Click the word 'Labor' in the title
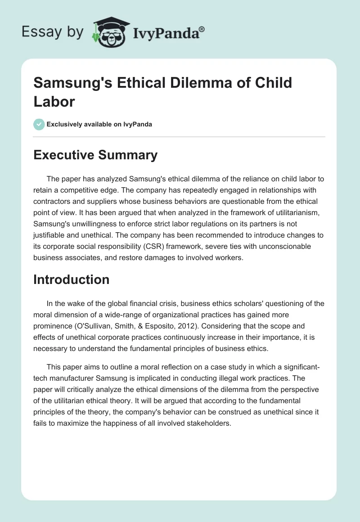click(54, 101)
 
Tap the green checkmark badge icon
click(39, 124)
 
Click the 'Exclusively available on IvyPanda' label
click(100, 125)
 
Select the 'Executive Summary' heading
click(95, 155)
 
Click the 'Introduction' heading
click(72, 279)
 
